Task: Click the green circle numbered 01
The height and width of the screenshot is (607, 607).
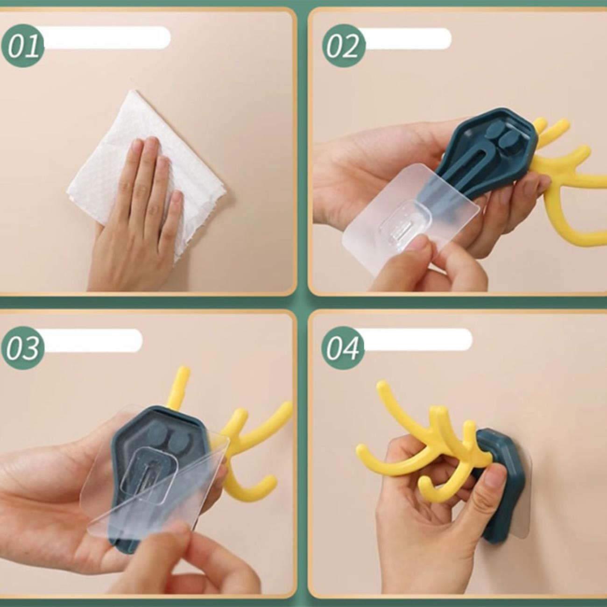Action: point(23,46)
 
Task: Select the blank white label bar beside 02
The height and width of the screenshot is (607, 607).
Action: point(407,38)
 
